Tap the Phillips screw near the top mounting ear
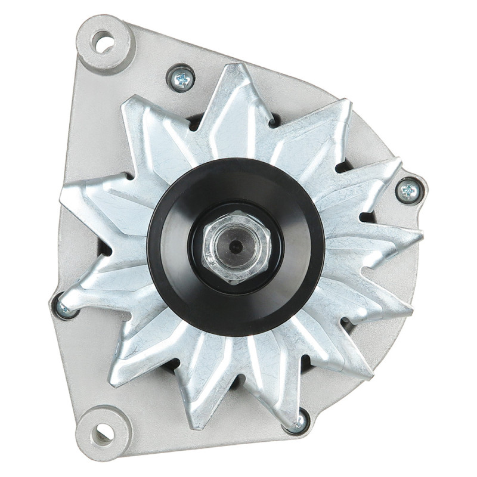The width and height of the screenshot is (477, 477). [x=182, y=78]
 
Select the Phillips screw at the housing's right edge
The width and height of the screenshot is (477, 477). [x=408, y=190]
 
